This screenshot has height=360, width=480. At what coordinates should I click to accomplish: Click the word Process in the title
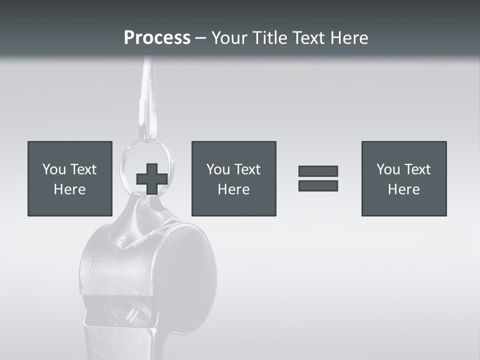(x=157, y=37)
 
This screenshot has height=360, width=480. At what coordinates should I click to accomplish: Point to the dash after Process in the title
(x=200, y=38)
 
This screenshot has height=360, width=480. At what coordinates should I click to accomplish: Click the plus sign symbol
(x=152, y=179)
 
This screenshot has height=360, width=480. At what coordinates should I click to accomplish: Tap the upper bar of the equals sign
(x=318, y=171)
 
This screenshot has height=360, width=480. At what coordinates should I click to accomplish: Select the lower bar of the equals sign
(x=318, y=185)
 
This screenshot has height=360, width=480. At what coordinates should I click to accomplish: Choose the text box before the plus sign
(x=70, y=178)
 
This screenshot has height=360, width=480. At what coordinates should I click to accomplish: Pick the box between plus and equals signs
(x=233, y=178)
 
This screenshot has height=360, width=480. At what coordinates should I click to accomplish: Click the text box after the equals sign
(x=403, y=178)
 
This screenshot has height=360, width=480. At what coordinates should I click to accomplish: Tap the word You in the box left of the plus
(x=54, y=169)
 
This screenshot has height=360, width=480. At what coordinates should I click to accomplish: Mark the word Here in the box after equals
(x=403, y=189)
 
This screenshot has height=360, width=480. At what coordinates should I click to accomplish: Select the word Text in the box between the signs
(x=247, y=169)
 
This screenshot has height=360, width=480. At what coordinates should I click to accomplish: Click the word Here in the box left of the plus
(x=69, y=189)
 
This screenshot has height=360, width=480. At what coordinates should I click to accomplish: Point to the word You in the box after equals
(x=388, y=169)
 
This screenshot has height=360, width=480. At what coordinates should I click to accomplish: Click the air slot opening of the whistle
(x=125, y=312)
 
